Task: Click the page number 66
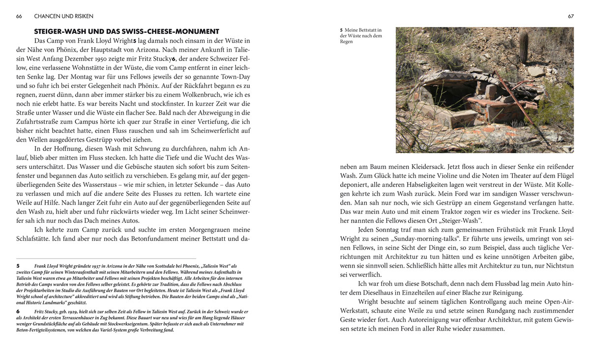[19, 16]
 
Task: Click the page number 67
[571, 16]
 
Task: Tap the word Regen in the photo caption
[346, 42]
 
